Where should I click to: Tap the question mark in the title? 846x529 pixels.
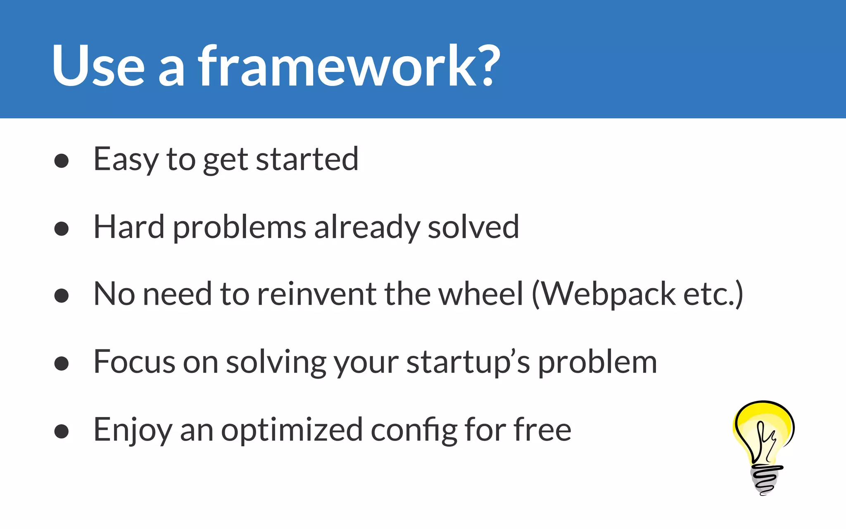(487, 66)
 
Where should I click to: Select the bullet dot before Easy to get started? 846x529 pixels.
(61, 161)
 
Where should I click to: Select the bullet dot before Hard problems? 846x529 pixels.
(61, 229)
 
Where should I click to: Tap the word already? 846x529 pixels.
(366, 228)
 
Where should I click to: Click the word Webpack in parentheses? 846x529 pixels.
(608, 294)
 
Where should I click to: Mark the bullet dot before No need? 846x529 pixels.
(61, 295)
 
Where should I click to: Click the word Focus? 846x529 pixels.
(135, 362)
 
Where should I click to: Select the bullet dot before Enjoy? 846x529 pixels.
(61, 431)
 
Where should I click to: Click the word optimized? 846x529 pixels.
(292, 430)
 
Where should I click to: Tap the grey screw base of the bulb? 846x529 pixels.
(765, 479)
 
